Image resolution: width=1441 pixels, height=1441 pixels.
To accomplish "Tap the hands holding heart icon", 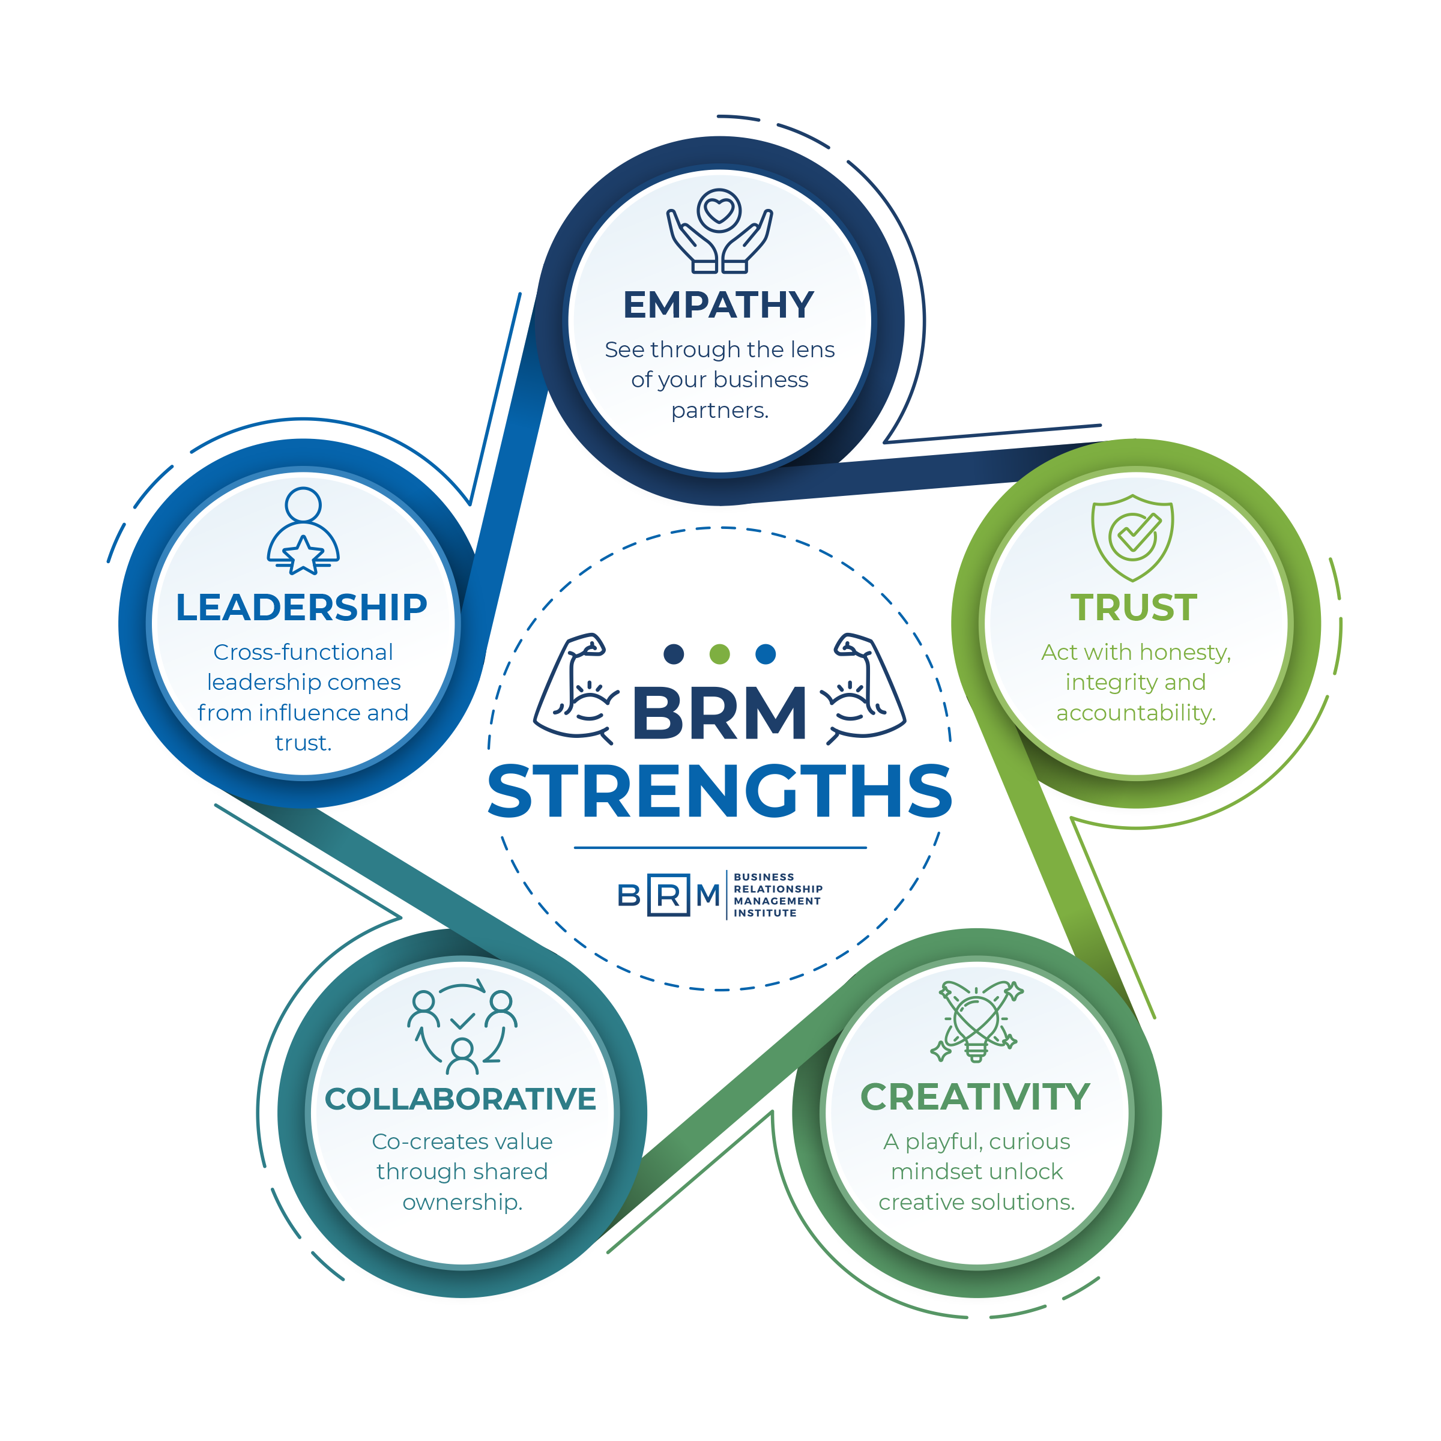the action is (720, 231).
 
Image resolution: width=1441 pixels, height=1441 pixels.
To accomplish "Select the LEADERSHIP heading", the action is (302, 607).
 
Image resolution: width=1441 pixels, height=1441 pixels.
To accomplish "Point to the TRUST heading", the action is (1134, 607).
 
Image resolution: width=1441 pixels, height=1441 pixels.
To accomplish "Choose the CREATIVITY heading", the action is (976, 1096).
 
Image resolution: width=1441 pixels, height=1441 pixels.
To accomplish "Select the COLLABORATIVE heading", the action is (461, 1099).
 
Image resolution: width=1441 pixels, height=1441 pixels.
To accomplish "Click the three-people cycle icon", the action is (462, 1026).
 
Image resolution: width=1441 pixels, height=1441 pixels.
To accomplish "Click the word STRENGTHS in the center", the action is (720, 791).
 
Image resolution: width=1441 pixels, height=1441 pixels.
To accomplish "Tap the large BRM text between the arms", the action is (719, 713).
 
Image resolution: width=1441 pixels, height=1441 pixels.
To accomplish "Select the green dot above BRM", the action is (720, 654).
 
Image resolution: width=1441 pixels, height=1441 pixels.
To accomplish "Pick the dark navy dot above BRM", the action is (674, 654).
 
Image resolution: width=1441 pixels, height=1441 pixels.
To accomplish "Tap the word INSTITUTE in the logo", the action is (766, 913).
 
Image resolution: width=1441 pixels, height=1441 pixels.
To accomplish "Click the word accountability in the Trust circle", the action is (1135, 713).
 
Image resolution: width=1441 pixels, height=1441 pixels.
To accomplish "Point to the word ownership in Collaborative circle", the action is (462, 1202).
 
